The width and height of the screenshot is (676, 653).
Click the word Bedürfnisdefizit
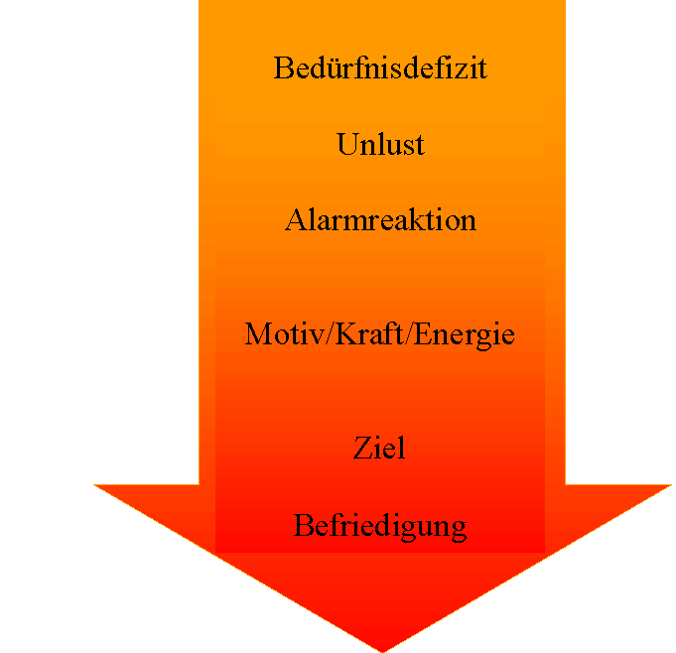coord(380,67)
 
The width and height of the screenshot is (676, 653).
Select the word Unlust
coord(380,144)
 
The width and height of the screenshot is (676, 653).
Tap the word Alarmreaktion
coord(380,220)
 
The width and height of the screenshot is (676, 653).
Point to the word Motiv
coord(285,333)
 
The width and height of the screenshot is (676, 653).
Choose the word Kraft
coord(369,333)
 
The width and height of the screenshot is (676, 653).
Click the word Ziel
coord(379,448)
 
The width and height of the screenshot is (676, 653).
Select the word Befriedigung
coord(380,527)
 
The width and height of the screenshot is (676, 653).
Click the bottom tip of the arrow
coord(382,652)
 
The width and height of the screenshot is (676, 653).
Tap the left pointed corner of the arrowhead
coord(94,485)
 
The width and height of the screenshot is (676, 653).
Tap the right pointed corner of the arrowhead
coord(671,485)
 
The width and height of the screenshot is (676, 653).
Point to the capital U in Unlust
coord(349,144)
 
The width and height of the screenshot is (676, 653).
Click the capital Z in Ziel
coord(363,448)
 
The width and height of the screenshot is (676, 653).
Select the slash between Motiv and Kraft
coord(331,333)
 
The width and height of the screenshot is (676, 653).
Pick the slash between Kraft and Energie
coord(409,333)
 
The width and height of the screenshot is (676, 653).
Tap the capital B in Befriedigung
coord(304,525)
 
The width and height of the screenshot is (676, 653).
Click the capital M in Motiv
coord(260,333)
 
